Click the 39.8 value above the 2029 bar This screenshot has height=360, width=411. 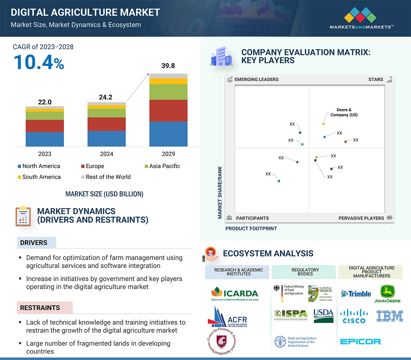click(x=168, y=66)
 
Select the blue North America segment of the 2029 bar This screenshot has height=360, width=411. click(x=168, y=134)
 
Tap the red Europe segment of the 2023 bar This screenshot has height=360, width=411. click(x=45, y=126)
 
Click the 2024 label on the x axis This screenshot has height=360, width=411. click(x=106, y=154)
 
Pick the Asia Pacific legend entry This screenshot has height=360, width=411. click(x=162, y=166)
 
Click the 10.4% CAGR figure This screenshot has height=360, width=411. click(x=39, y=62)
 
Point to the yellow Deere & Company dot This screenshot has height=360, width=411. click(x=323, y=124)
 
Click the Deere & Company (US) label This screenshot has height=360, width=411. click(x=344, y=112)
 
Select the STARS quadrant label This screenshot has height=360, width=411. click(x=376, y=79)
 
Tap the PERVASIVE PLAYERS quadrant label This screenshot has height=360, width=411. click(x=361, y=218)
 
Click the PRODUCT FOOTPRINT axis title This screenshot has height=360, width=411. click(x=251, y=229)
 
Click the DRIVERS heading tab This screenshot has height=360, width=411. click(x=34, y=243)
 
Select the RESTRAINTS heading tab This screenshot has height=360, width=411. click(x=40, y=308)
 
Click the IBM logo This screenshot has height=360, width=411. click(x=390, y=316)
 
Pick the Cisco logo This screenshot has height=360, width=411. click(x=354, y=316)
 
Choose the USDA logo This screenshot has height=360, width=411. click(x=323, y=315)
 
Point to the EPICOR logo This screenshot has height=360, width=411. click(x=361, y=341)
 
